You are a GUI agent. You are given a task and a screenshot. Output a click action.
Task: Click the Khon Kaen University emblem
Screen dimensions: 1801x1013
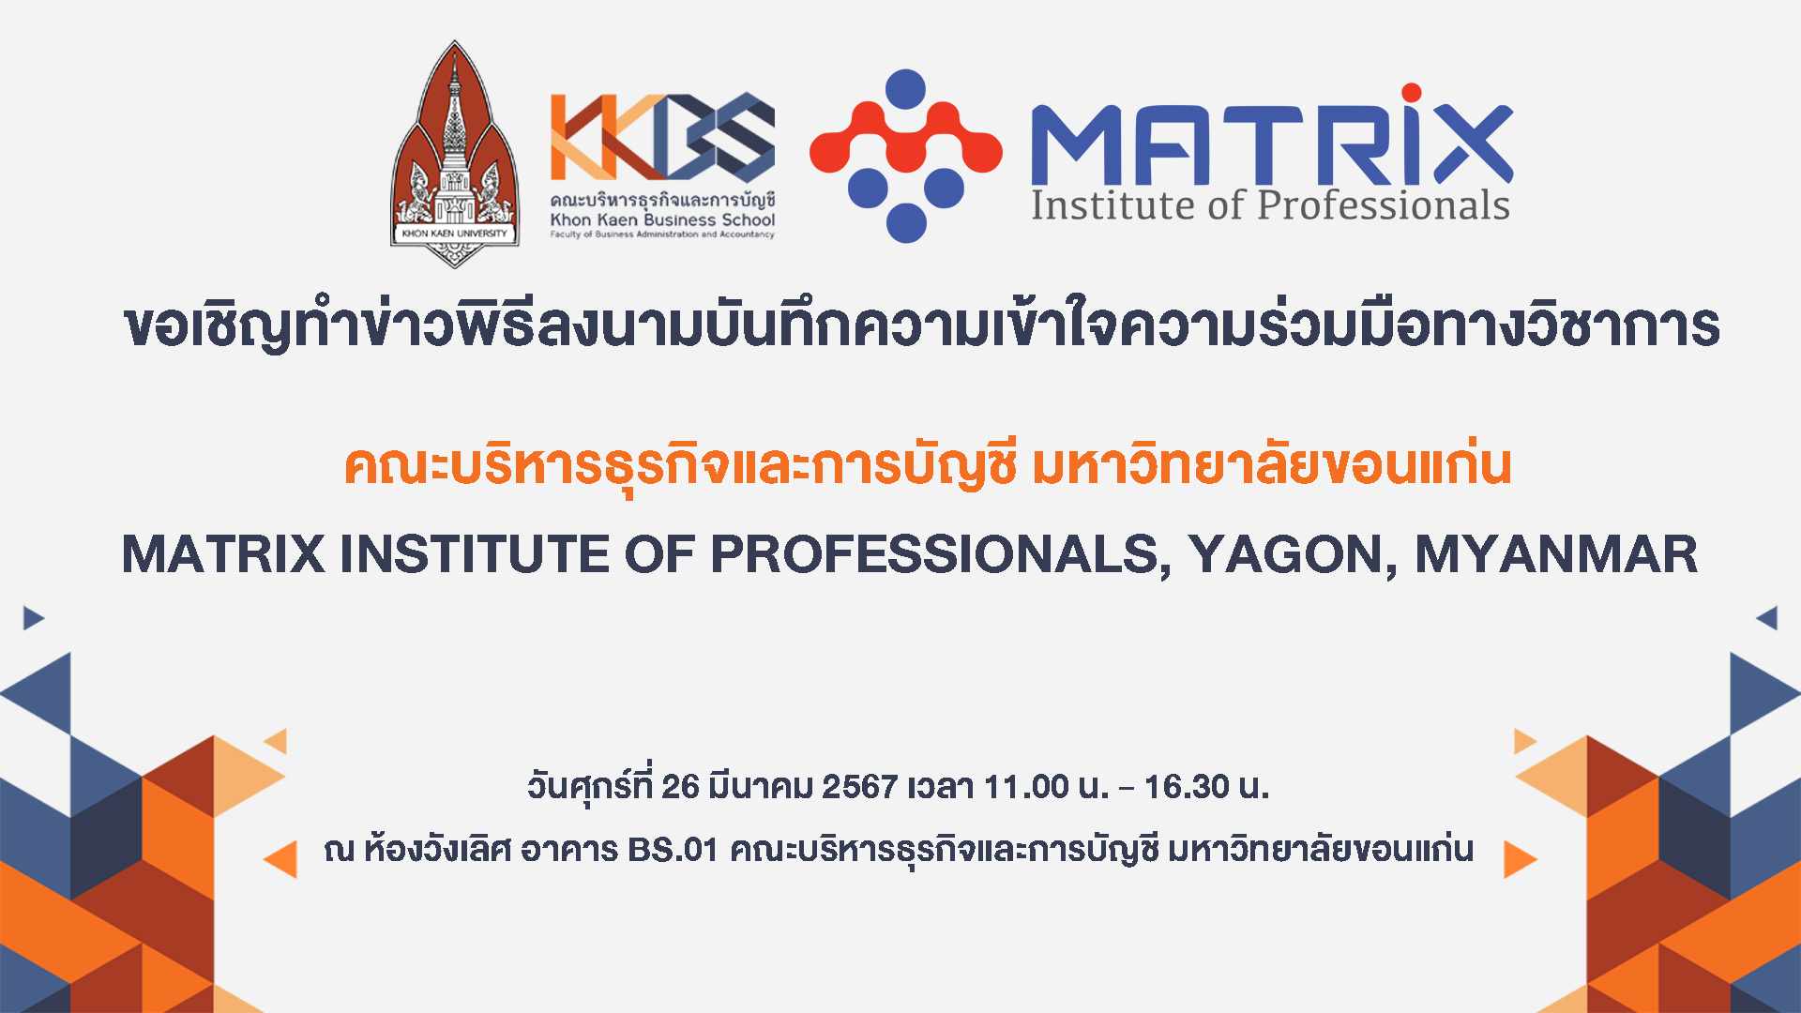[x=455, y=155]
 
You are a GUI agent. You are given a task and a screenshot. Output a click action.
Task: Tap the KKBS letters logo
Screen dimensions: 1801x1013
[x=662, y=136]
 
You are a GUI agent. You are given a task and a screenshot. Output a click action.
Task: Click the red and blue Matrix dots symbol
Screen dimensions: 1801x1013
[x=906, y=156]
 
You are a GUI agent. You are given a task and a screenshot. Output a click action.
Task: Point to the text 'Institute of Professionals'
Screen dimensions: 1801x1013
[x=1270, y=205]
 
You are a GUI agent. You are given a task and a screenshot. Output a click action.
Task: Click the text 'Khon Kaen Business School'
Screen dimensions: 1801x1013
[x=662, y=219]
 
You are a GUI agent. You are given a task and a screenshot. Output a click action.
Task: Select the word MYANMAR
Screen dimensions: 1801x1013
[x=1556, y=554]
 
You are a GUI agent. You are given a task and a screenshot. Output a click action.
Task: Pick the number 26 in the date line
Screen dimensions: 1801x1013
[x=680, y=786]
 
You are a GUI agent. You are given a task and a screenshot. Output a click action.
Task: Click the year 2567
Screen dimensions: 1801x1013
[x=860, y=786]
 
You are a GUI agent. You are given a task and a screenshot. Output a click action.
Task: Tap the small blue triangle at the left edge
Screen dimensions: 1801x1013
[x=33, y=618]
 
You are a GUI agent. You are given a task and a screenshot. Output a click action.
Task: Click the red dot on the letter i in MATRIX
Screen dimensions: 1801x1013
[x=1411, y=93]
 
